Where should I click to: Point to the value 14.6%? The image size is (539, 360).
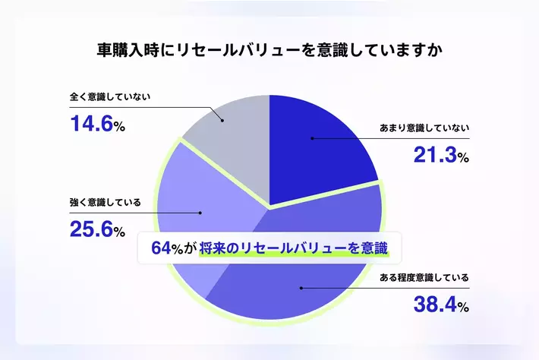click(x=97, y=125)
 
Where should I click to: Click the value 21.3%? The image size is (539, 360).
click(x=441, y=155)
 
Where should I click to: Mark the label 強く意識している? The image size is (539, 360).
click(x=101, y=203)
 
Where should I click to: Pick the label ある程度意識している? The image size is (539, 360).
click(x=424, y=278)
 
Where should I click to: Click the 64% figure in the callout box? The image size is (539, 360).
click(x=167, y=249)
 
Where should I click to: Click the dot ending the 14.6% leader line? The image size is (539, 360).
click(x=222, y=120)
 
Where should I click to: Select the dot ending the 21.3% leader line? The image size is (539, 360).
click(x=311, y=137)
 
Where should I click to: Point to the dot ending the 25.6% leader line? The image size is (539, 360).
click(x=200, y=213)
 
